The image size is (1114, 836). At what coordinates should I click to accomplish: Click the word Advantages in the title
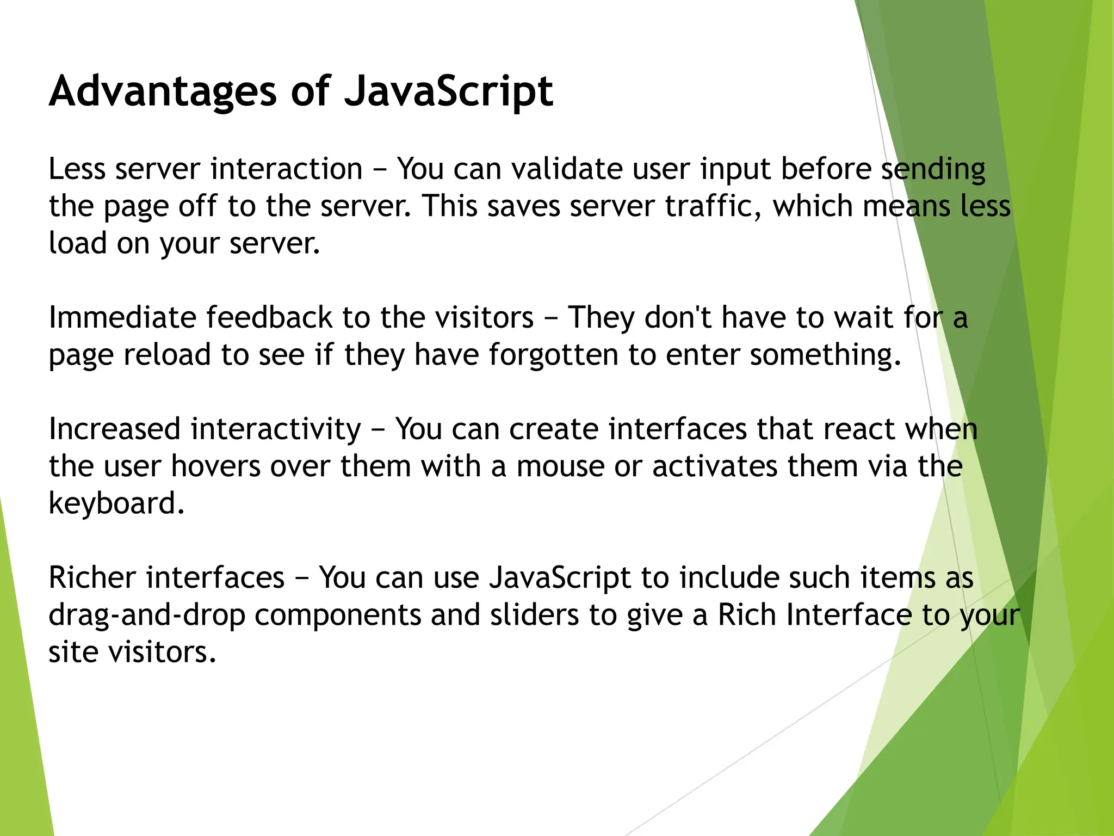tap(163, 91)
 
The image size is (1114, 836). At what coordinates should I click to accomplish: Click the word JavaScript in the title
tap(449, 91)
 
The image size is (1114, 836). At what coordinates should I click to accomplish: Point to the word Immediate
tap(122, 317)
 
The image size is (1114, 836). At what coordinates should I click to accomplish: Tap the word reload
tap(167, 355)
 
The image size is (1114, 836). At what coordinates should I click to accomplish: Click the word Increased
tap(115, 429)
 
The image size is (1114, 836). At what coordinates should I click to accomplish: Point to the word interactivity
tap(276, 429)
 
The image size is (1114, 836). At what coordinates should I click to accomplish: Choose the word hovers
tap(216, 466)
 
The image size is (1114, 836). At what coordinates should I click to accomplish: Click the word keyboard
tap(116, 503)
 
